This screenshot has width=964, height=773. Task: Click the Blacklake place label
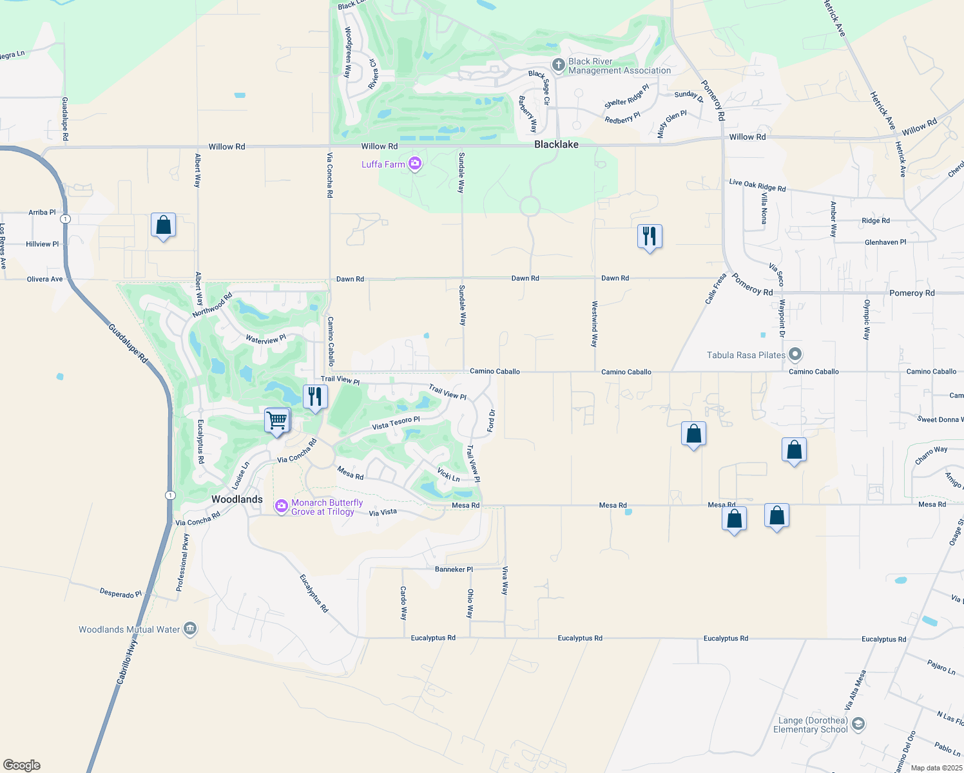coord(556,145)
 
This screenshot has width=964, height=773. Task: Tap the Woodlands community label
coord(237,499)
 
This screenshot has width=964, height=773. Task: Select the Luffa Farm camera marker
coord(415,164)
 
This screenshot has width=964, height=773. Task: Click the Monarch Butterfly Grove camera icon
coord(281,506)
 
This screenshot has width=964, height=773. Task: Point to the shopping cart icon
coord(277,421)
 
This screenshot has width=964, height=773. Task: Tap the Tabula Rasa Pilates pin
coord(795,354)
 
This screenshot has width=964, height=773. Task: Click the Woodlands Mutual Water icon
coord(190,629)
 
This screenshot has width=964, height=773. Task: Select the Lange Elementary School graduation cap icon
coord(858,724)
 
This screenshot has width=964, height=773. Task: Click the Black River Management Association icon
coord(559,65)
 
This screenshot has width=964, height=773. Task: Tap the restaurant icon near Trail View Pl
coord(315,397)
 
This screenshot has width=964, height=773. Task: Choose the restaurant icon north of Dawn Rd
coord(650,236)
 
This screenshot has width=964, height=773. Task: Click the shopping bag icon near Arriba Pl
coord(164,225)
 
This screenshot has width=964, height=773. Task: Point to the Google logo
coord(22,765)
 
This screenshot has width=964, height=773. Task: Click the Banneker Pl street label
coord(454,569)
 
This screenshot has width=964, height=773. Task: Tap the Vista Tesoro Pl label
coord(396,423)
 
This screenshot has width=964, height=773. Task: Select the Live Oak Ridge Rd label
coord(757,186)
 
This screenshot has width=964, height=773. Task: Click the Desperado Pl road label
coord(120,593)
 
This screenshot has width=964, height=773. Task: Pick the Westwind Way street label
coord(594,324)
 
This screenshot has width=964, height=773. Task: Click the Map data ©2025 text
coord(936,768)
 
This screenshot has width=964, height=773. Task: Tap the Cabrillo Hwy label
coord(127,661)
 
